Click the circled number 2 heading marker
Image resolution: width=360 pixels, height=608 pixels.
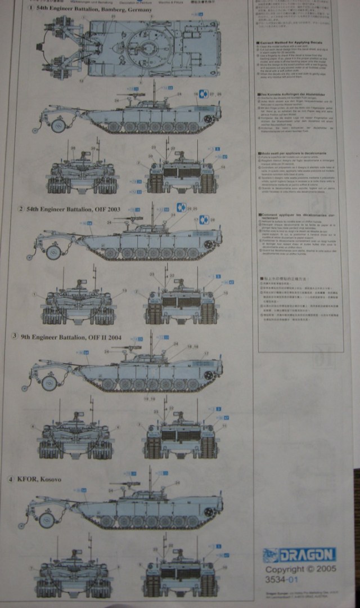pos(21,209)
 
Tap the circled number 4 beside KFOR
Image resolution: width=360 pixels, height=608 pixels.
pos(11,479)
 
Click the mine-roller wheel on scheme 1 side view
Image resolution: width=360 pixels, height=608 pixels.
pos(57,124)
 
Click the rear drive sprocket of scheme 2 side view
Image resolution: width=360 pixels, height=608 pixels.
pos(209,244)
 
